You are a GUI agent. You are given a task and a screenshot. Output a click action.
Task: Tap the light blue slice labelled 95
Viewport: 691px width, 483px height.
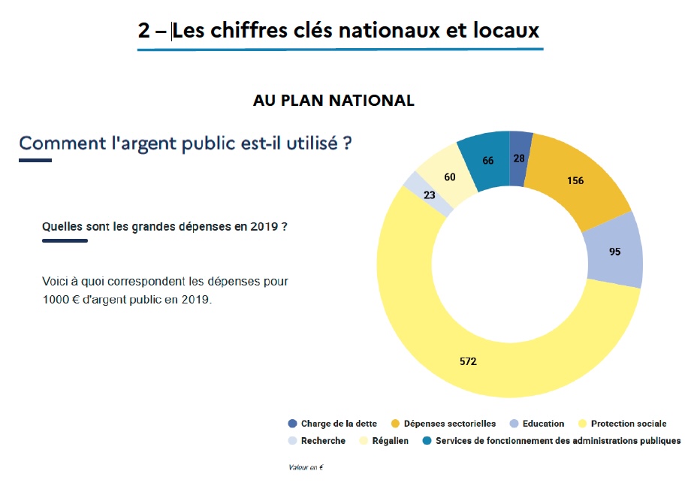point(614,251)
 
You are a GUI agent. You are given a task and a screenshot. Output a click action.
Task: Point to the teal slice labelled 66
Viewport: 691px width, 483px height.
point(487,159)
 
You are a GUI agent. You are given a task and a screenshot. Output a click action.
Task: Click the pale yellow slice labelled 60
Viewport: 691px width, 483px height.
point(449,177)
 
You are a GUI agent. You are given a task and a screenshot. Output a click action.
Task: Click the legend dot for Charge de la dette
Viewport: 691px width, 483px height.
point(292,424)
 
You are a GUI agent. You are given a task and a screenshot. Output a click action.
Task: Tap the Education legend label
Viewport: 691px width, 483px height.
point(543,424)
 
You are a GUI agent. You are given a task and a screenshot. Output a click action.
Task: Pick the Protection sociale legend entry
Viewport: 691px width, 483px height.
point(629,424)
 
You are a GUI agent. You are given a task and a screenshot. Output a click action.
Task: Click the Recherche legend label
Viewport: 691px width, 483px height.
point(323,441)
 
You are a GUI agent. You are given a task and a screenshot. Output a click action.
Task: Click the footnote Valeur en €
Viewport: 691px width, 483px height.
point(306,467)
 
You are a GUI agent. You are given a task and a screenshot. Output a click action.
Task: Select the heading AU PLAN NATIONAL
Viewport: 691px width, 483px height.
point(333,101)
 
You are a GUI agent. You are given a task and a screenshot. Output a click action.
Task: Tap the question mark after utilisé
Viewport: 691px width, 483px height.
point(347,142)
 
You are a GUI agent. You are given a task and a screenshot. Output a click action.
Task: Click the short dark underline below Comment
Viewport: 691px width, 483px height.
point(35,160)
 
